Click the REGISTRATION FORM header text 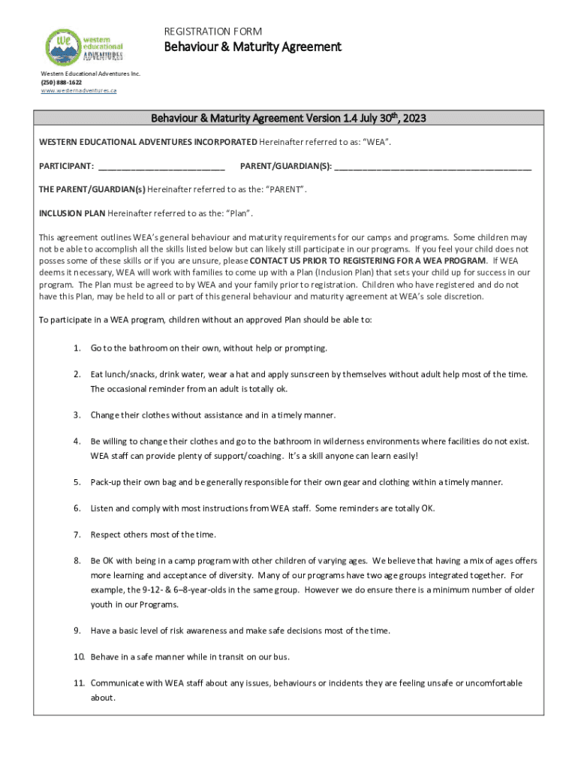[x=213, y=32]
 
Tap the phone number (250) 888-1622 [x=61, y=82]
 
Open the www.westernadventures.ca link [x=79, y=90]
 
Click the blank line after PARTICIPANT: [x=161, y=166]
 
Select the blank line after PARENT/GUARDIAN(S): [x=433, y=166]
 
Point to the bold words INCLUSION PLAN [x=72, y=213]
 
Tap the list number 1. [x=77, y=348]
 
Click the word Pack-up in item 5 [x=107, y=482]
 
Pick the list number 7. [x=77, y=535]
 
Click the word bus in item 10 [x=281, y=657]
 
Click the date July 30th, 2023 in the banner [x=393, y=118]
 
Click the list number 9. [x=77, y=631]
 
